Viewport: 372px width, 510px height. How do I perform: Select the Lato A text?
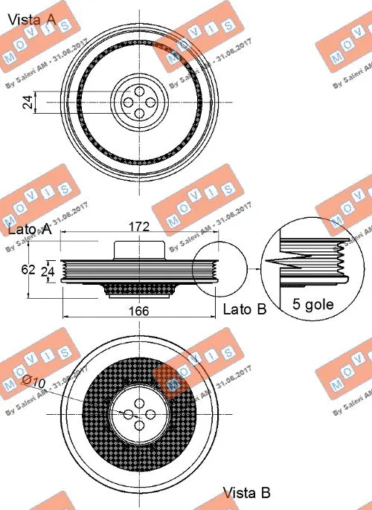pos(30,230)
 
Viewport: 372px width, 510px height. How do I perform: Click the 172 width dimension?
pos(139,225)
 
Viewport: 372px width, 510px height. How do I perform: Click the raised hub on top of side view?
pos(139,249)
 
